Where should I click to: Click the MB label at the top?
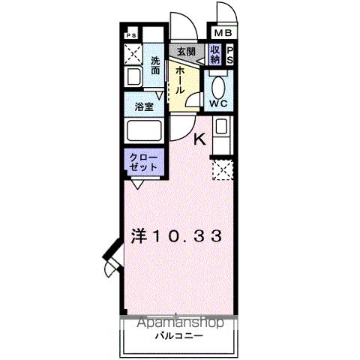[x=223, y=34]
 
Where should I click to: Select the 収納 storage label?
[x=215, y=55]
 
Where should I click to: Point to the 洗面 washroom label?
[x=155, y=65]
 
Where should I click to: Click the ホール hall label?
[x=181, y=78]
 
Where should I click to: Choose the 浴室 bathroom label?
[x=145, y=107]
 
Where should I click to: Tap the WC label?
[x=220, y=103]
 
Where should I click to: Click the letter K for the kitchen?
[x=200, y=139]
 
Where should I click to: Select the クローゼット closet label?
[x=143, y=162]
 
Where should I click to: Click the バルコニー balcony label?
[x=177, y=336]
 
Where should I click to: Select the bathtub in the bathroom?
[x=143, y=132]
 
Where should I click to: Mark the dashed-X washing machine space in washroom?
[x=134, y=54]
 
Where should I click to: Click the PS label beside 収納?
[x=230, y=55]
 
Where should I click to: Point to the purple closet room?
[x=143, y=162]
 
